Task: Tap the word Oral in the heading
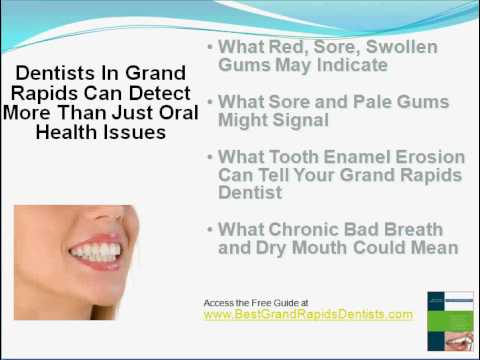179,113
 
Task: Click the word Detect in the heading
160,93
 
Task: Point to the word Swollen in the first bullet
402,47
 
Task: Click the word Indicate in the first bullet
352,65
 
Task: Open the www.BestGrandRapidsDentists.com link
308,314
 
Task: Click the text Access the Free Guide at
256,303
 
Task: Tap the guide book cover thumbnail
451,321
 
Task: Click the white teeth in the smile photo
96,252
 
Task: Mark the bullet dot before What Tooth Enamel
210,157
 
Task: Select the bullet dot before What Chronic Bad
210,230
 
